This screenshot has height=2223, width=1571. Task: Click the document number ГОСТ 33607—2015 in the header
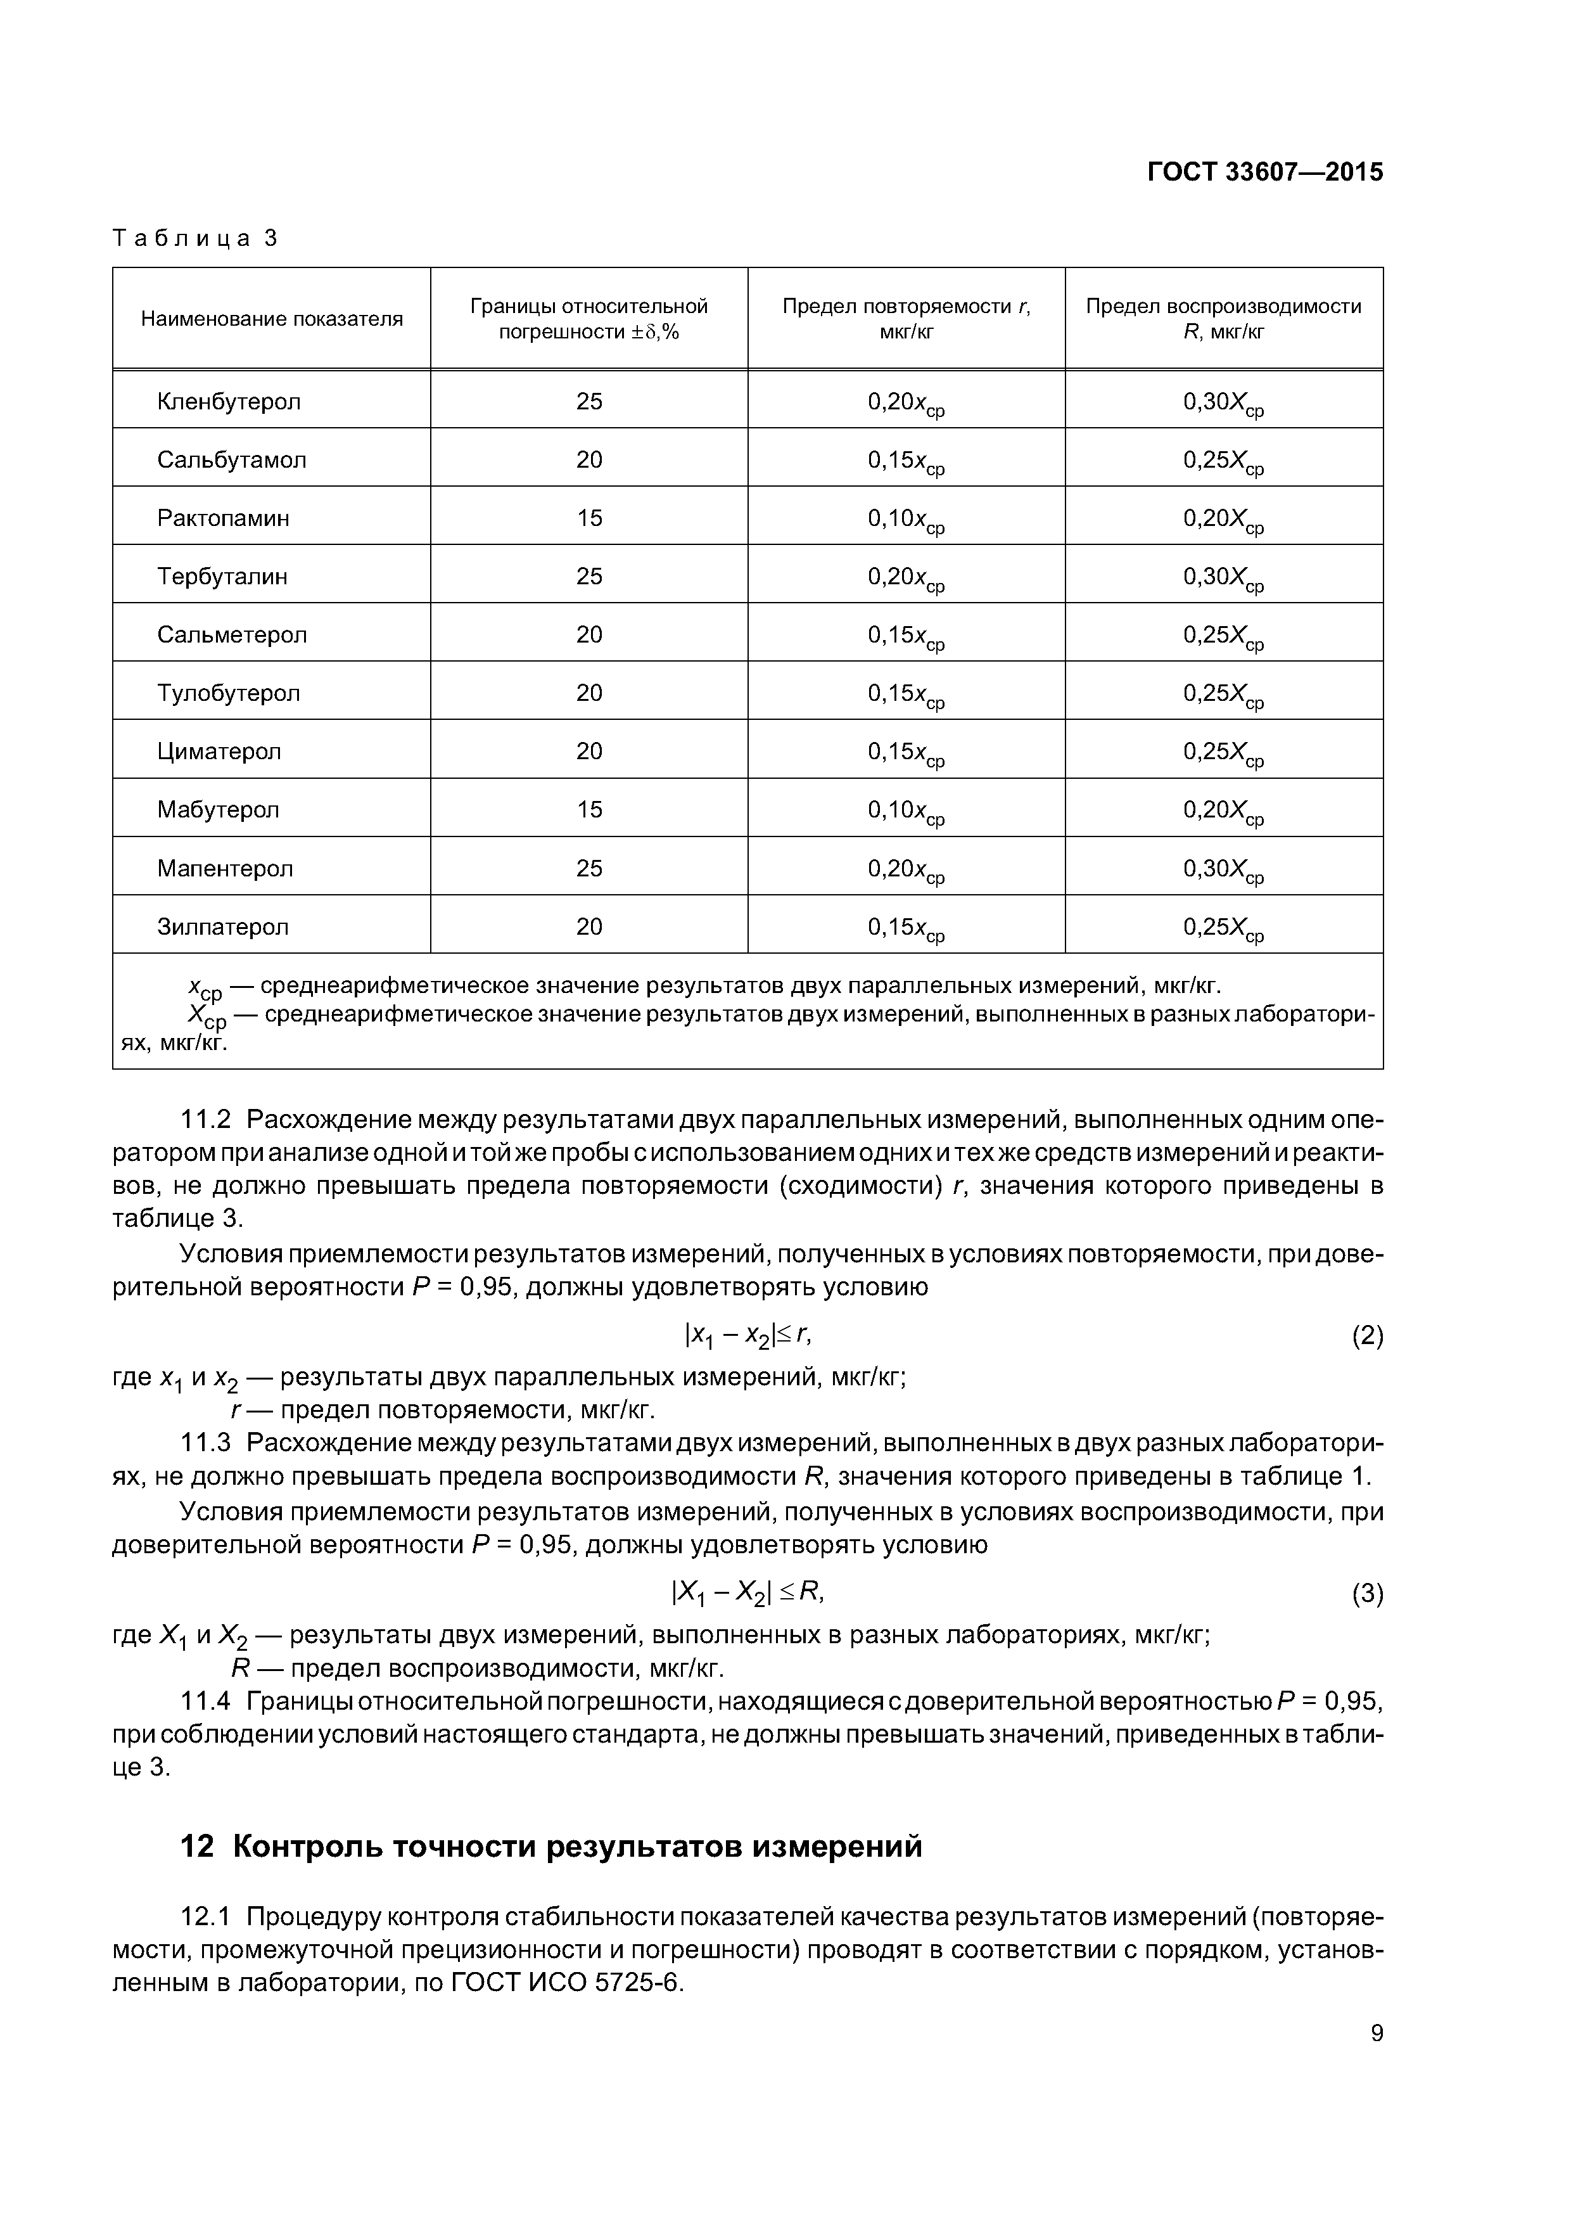pos(1264,172)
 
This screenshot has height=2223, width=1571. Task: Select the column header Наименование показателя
pos(271,319)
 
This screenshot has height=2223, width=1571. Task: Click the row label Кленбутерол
pos(229,402)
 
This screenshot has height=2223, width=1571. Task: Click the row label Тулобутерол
pos(229,693)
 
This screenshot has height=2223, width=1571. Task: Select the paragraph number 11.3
pos(206,1443)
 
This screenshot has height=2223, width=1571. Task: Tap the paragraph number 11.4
pos(206,1701)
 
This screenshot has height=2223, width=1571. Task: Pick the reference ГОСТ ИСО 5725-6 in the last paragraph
pos(567,1983)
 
